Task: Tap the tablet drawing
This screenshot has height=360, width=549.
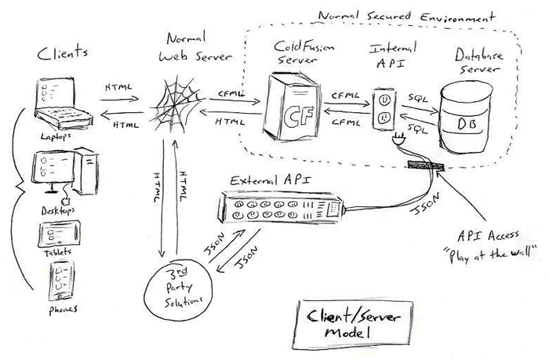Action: click(60, 235)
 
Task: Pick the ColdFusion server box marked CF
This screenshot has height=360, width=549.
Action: click(283, 107)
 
